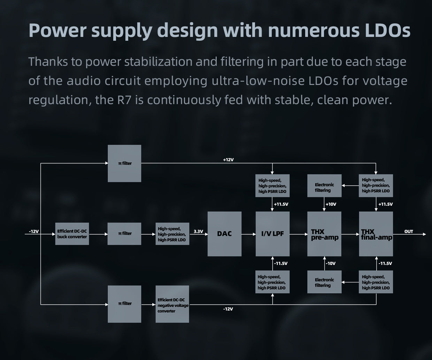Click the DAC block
(x=224, y=234)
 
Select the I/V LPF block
(x=272, y=234)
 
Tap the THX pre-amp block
(x=324, y=234)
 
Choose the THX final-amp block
(x=376, y=234)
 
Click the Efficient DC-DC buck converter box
(x=72, y=234)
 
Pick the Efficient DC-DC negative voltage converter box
(x=172, y=304)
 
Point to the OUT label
(x=409, y=232)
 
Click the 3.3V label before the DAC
(x=198, y=232)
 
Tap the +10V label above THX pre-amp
(x=331, y=204)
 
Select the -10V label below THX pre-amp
(x=331, y=264)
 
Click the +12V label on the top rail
(x=228, y=160)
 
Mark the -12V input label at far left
(x=34, y=232)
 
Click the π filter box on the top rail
(x=124, y=163)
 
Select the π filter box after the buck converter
(x=124, y=234)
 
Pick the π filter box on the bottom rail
(x=124, y=304)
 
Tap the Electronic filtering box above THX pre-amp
(x=324, y=187)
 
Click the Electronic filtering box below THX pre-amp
(x=324, y=282)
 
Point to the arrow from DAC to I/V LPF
(x=248, y=234)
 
